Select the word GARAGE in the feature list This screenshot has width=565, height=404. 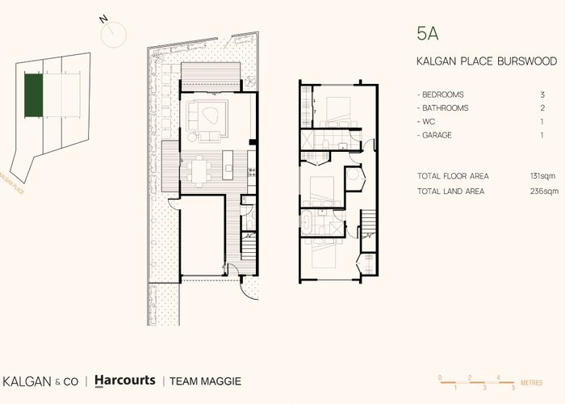tap(437, 134)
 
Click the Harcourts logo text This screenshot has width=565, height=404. tap(124, 381)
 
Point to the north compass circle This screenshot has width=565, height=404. tap(114, 34)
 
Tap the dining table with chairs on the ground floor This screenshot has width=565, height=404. tap(199, 170)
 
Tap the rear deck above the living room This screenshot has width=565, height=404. tap(210, 77)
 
